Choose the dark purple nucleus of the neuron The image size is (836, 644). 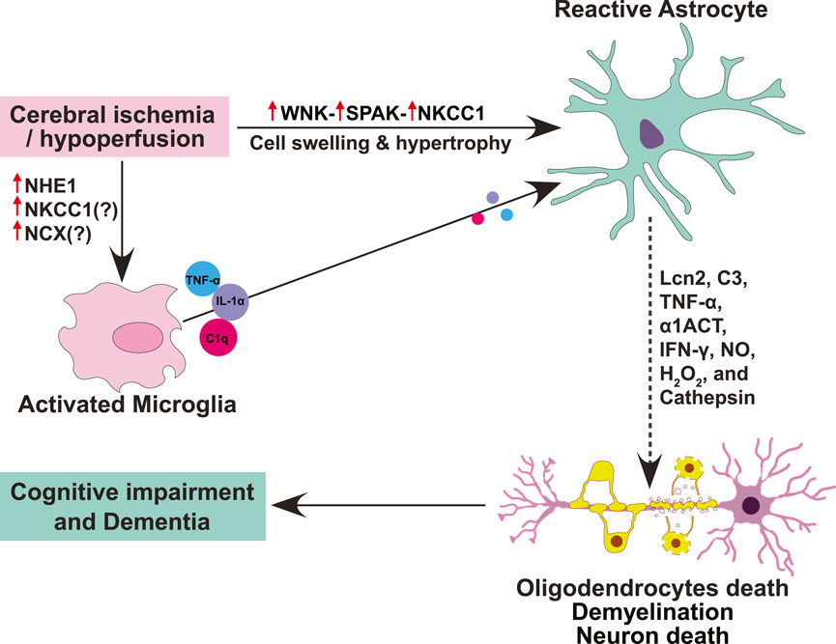click(749, 505)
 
